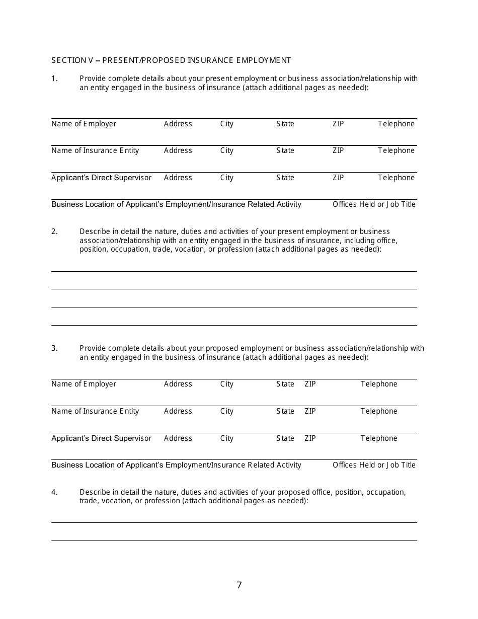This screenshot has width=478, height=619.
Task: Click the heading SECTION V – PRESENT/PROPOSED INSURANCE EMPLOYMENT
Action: pos(171,60)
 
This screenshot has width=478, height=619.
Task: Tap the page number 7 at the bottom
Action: pos(239,585)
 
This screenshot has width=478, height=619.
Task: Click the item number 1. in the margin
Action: pos(54,79)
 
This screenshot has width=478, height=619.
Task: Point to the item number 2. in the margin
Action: pos(54,231)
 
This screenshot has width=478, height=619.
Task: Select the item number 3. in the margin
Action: pos(54,348)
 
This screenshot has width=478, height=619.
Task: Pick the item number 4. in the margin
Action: pos(54,492)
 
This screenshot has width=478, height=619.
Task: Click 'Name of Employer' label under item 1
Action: pos(84,124)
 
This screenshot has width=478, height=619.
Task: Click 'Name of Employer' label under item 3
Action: pos(84,384)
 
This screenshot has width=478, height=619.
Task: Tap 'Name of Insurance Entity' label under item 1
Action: pos(95,150)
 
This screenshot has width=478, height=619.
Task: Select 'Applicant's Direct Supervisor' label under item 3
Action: pos(101,438)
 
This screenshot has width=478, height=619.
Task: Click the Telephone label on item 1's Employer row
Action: pos(396,124)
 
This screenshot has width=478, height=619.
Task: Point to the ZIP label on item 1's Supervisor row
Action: pos(338,178)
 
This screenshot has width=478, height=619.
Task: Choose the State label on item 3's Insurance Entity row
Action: pos(285,411)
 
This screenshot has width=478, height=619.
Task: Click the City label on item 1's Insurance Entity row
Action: pos(226,150)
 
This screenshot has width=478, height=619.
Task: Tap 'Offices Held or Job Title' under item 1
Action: pos(374,204)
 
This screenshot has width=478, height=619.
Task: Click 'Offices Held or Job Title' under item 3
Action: pos(374,465)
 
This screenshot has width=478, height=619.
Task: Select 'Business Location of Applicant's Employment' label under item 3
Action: pos(176,465)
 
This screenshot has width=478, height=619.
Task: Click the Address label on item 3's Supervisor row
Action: pos(178,438)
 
